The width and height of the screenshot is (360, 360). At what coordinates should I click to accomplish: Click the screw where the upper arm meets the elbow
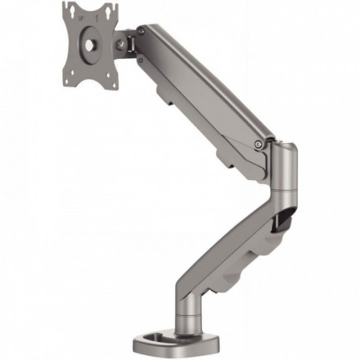(x=259, y=143)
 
